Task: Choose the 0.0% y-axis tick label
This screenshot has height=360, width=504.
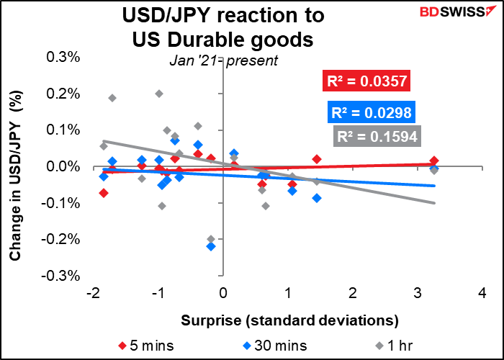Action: tap(63, 167)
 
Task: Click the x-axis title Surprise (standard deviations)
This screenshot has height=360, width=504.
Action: tap(289, 318)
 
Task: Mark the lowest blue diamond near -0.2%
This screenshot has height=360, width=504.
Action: tap(211, 246)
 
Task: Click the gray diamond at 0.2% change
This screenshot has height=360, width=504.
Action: tap(159, 94)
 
